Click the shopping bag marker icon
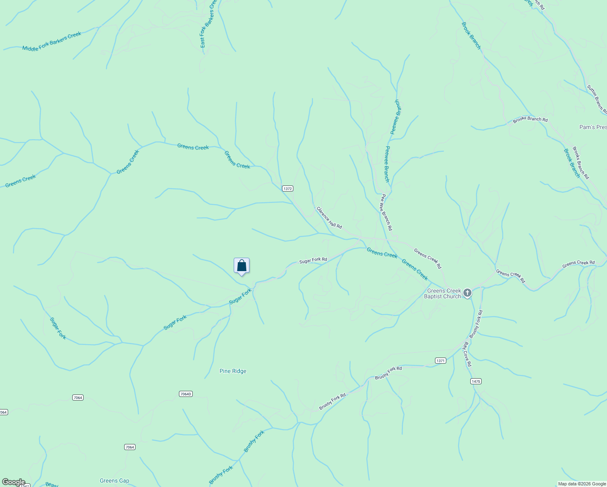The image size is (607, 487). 241,266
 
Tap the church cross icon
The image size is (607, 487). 467,293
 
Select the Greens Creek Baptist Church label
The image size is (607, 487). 443,293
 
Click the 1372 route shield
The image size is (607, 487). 287,189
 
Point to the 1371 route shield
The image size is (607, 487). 440,360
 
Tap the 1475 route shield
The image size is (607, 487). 476,381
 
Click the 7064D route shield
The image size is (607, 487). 185,394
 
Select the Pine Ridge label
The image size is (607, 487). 233,371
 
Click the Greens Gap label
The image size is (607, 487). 114,481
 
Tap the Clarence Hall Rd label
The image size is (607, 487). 329,218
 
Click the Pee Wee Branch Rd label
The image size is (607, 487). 386,212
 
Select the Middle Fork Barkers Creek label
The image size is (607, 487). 52,41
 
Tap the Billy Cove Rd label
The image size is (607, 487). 467,354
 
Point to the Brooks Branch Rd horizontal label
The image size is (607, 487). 530,120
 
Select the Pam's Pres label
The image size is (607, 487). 593,127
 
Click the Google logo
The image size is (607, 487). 13,482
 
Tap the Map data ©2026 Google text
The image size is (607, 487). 581,484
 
